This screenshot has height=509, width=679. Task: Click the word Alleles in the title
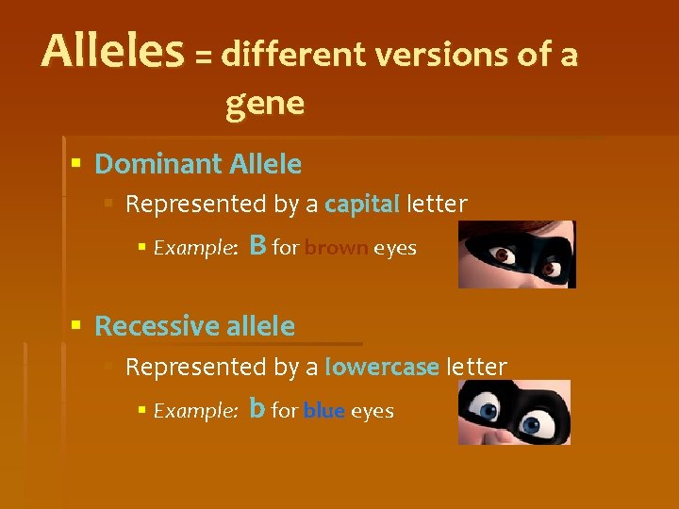112,52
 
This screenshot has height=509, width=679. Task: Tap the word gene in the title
265,104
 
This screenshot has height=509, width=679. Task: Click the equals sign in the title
203,57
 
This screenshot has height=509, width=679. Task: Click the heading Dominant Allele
198,165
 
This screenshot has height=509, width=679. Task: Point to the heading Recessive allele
194,327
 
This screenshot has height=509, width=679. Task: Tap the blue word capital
362,204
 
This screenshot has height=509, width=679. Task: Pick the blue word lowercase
381,367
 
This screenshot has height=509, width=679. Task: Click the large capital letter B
258,246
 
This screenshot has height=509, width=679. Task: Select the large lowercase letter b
257,408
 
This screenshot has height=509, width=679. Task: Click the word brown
336,249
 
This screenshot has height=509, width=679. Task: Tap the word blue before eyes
323,411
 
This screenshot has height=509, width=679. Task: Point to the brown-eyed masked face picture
516,254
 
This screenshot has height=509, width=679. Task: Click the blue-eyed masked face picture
514,412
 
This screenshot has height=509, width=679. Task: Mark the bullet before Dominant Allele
76,165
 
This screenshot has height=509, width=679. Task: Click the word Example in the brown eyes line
194,249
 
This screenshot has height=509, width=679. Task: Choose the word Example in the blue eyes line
194,411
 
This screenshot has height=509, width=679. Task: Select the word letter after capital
437,204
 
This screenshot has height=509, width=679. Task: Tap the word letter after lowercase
476,367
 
